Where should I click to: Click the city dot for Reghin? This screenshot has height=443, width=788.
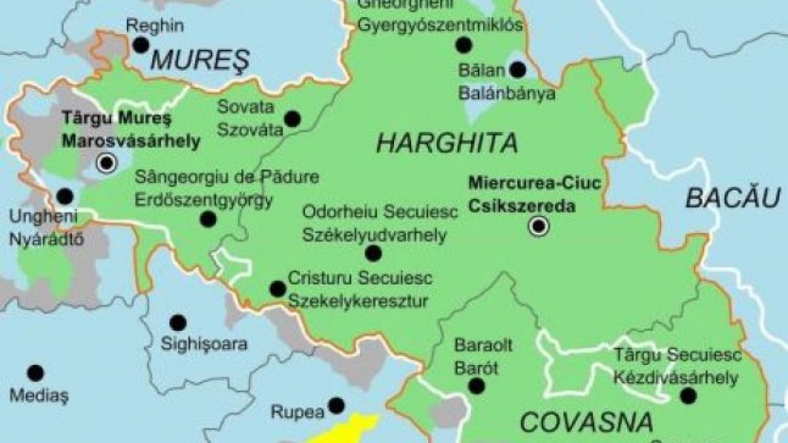[x=141, y=45]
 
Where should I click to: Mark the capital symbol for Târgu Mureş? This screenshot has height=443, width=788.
[x=106, y=162]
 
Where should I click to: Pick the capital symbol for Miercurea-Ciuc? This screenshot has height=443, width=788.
[x=538, y=227]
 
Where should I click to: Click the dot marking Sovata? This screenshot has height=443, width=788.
[x=292, y=119]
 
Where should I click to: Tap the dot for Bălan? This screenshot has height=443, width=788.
[x=518, y=69]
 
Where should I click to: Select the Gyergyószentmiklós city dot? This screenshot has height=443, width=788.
[x=464, y=45]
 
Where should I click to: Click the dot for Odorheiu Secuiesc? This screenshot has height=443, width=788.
[x=373, y=253]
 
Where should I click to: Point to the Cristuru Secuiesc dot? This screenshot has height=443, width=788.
[x=278, y=289]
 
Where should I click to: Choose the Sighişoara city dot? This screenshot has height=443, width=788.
[x=177, y=323]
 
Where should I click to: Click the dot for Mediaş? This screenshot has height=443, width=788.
[x=36, y=373]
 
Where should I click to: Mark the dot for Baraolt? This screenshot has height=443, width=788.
[x=477, y=386]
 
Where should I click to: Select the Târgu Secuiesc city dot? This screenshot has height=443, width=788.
[x=688, y=396]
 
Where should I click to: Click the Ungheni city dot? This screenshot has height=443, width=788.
[x=64, y=196]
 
